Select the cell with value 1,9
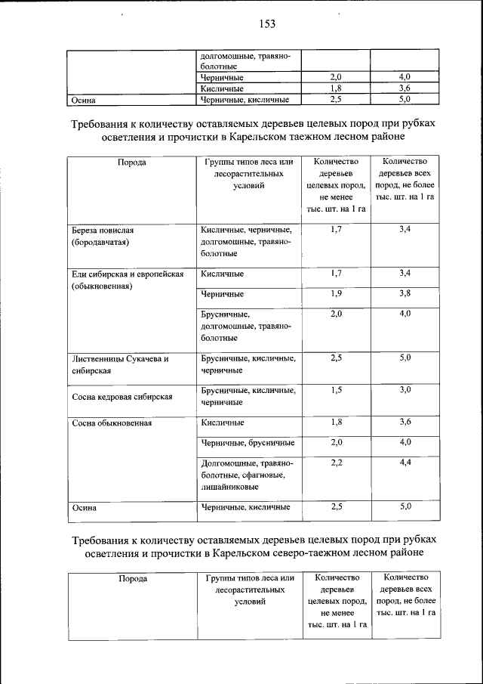click(336, 293)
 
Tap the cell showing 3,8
click(405, 293)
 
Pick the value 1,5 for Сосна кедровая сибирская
click(336, 390)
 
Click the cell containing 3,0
click(405, 390)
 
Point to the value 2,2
click(336, 462)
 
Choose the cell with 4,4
click(405, 462)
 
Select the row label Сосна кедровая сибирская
click(123, 397)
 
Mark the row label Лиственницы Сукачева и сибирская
click(118, 358)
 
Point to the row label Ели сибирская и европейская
click(127, 274)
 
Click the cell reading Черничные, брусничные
click(247, 442)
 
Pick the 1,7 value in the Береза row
click(336, 229)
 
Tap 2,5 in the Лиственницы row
click(336, 358)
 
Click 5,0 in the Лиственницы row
click(405, 358)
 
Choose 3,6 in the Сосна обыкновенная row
click(405, 422)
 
